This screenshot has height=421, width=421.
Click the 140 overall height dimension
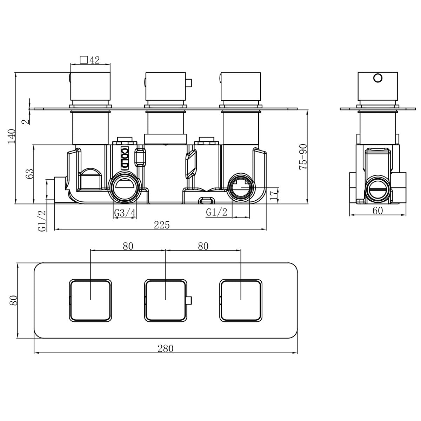pos(12,136)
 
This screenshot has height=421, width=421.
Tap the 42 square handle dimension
pos(94,60)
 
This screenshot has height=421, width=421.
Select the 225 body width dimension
pos(162,225)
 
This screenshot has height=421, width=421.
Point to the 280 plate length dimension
pos(166,349)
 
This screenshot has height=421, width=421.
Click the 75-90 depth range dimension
pos(303,157)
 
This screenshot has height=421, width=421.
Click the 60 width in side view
pos(378,210)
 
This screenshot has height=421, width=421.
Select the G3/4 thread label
pos(125,213)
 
